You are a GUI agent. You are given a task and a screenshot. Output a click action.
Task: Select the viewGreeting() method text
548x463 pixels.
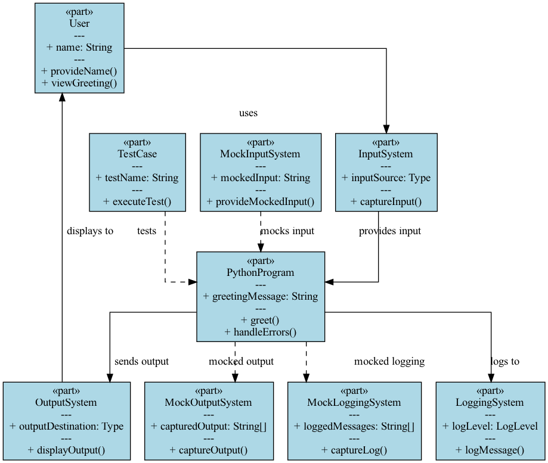tap(79, 83)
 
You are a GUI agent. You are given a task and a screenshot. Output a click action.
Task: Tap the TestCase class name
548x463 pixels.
tap(137, 154)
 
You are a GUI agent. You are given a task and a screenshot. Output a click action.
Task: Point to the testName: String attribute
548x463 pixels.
tap(137, 178)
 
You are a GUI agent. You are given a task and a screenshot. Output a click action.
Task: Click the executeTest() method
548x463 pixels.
tap(137, 201)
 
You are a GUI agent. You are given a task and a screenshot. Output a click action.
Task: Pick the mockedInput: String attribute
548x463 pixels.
tap(261, 178)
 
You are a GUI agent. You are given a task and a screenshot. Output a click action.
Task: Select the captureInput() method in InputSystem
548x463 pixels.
tap(386, 201)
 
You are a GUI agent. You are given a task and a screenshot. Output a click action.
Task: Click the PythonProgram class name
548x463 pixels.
tap(261, 272)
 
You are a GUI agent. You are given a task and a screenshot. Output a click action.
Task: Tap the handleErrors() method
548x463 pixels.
tap(261, 331)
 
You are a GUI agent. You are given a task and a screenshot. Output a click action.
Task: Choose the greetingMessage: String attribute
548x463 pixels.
tap(261, 296)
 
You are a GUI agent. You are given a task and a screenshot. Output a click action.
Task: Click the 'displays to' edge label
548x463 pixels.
tap(90, 231)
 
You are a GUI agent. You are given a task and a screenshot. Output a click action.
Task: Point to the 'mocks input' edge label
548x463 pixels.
tap(287, 231)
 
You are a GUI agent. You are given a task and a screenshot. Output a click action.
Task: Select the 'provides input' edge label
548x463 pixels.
tap(390, 231)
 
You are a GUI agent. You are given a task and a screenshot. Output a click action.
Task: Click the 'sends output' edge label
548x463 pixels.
tap(141, 361)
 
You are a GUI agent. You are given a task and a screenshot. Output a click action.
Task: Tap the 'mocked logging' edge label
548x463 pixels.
tap(389, 361)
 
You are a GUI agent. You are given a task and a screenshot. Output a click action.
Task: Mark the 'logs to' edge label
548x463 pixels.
tap(505, 361)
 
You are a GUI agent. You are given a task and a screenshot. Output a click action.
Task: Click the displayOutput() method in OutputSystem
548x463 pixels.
tap(66, 450)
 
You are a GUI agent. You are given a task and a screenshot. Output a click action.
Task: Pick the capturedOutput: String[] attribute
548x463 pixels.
tap(209, 426)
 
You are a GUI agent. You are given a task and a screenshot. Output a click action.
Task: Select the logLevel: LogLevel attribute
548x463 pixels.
tap(490, 426)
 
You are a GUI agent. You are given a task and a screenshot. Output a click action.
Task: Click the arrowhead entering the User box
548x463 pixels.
tap(62, 98)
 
